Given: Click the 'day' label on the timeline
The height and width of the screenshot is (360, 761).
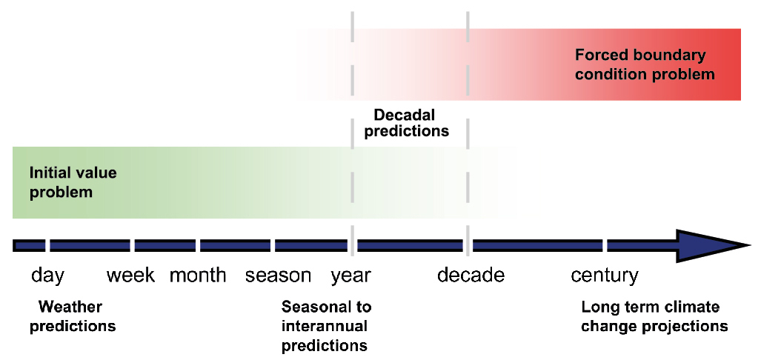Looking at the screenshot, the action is pyautogui.click(x=48, y=276).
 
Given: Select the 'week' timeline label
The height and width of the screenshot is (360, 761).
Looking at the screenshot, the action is pyautogui.click(x=130, y=275).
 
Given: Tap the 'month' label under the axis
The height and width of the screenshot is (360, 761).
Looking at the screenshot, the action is pyautogui.click(x=198, y=275).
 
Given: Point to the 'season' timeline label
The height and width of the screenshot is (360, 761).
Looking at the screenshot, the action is pyautogui.click(x=278, y=276).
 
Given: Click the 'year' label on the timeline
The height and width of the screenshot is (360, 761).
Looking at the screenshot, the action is pyautogui.click(x=351, y=276).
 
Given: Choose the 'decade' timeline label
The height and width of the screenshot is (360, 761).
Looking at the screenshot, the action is pyautogui.click(x=471, y=275).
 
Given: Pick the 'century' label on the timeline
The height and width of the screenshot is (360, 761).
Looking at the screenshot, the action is pyautogui.click(x=604, y=276).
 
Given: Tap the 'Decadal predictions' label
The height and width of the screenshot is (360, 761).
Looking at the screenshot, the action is pyautogui.click(x=407, y=123).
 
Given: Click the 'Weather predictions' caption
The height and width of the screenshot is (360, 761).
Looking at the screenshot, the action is pyautogui.click(x=73, y=316).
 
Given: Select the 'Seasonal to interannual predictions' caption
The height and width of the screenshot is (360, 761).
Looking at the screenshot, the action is pyautogui.click(x=326, y=326).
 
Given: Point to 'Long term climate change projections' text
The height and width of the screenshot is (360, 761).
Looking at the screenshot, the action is pyautogui.click(x=654, y=316).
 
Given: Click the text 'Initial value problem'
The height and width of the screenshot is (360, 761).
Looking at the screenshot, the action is pyautogui.click(x=73, y=182).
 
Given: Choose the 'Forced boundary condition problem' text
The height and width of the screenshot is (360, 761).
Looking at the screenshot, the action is pyautogui.click(x=645, y=64).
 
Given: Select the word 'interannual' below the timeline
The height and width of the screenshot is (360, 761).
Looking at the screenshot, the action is pyautogui.click(x=325, y=326).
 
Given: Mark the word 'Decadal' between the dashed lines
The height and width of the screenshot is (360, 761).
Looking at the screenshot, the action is pyautogui.click(x=405, y=115).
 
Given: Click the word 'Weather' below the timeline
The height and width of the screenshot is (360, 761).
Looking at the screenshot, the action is pyautogui.click(x=70, y=307).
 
